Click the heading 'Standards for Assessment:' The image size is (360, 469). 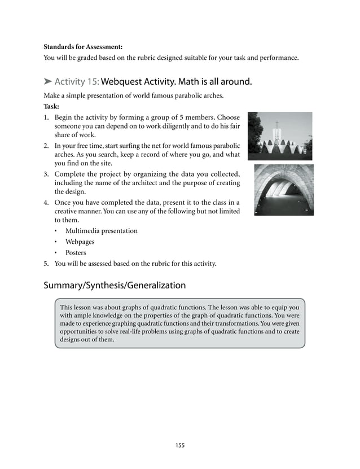(83, 46)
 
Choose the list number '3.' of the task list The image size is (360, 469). (47, 173)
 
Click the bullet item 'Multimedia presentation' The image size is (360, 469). (101, 231)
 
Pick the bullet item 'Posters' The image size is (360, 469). (76, 253)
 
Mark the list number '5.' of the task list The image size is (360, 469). (47, 263)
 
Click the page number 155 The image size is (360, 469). (179, 445)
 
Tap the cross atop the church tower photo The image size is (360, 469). (276, 124)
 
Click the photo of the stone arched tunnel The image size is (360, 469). (284, 190)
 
